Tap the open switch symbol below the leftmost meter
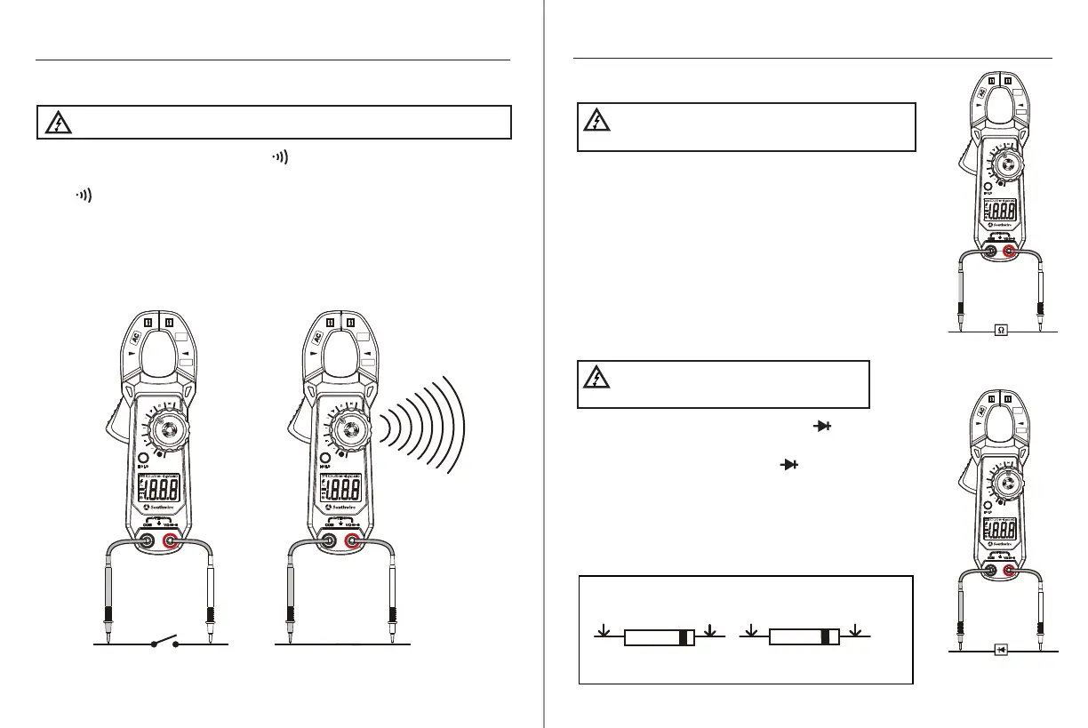[164, 641]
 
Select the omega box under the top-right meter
[1001, 330]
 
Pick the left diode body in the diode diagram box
[659, 637]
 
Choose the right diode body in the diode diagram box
[804, 636]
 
